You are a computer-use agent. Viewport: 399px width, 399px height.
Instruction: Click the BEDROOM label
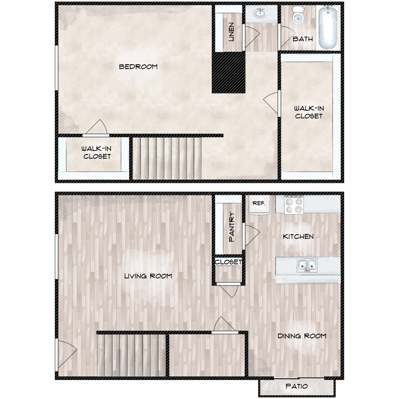pos(138,67)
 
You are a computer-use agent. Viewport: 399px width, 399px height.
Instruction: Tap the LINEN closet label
pos(231,32)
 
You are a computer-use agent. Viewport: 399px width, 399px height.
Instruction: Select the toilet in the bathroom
pos(298,16)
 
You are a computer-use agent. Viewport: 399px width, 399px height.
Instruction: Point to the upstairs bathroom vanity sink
pos(261,13)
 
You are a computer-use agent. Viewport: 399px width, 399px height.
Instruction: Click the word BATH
pos(303,39)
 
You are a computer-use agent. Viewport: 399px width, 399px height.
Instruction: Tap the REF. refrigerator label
pos(258,203)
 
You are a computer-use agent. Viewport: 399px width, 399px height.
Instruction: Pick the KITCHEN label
pos(298,236)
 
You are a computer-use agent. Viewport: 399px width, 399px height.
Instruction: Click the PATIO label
pos(297,387)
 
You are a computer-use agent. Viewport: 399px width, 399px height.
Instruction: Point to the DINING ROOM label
pos(302,336)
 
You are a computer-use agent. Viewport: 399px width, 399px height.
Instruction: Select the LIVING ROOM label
pos(148,276)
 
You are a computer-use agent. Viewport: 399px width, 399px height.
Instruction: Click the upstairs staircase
pos(166,158)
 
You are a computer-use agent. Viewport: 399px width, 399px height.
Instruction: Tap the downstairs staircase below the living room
pos(131,355)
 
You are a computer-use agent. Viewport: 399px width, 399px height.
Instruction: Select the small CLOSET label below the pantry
pos(229,262)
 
